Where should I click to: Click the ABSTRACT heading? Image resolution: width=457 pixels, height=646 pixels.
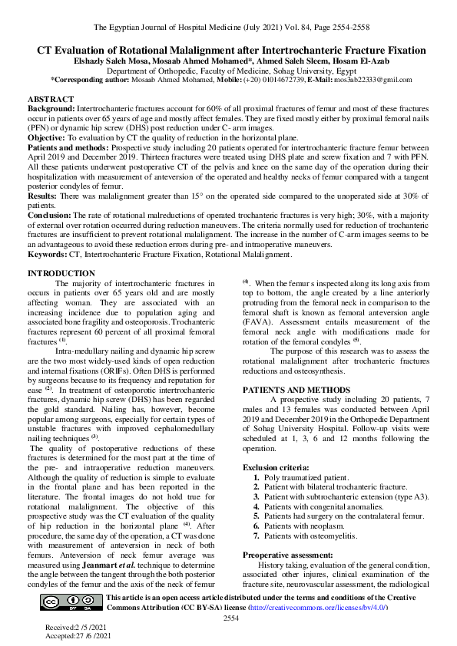[51, 100]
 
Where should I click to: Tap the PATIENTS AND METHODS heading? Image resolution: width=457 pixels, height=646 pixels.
[291, 390]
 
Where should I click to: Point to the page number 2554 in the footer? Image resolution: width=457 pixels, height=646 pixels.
[232, 618]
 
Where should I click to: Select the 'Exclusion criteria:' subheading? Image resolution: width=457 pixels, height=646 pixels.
[276, 466]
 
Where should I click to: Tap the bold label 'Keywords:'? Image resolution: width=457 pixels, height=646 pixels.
[47, 253]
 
